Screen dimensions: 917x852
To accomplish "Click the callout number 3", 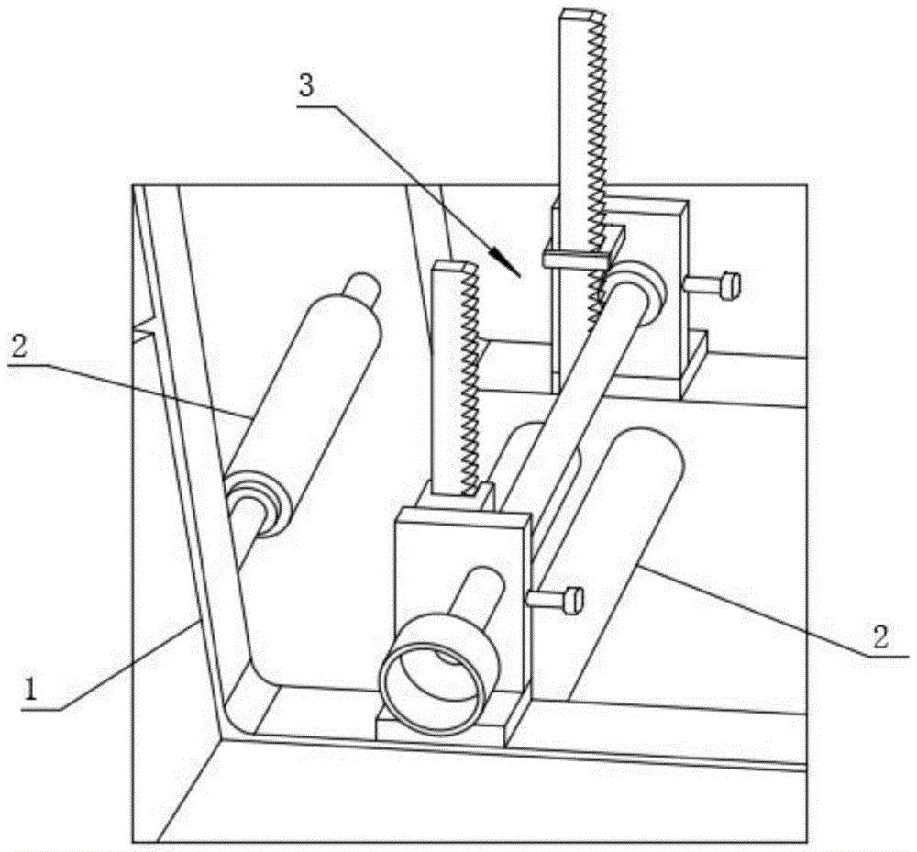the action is pos(306,86).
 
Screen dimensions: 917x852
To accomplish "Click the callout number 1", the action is pos(30,688).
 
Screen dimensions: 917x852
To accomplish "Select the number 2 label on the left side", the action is pos(18,348).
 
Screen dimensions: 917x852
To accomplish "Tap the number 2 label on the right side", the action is pos(880,636).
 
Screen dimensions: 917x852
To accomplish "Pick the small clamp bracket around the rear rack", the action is pos(583,249).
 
